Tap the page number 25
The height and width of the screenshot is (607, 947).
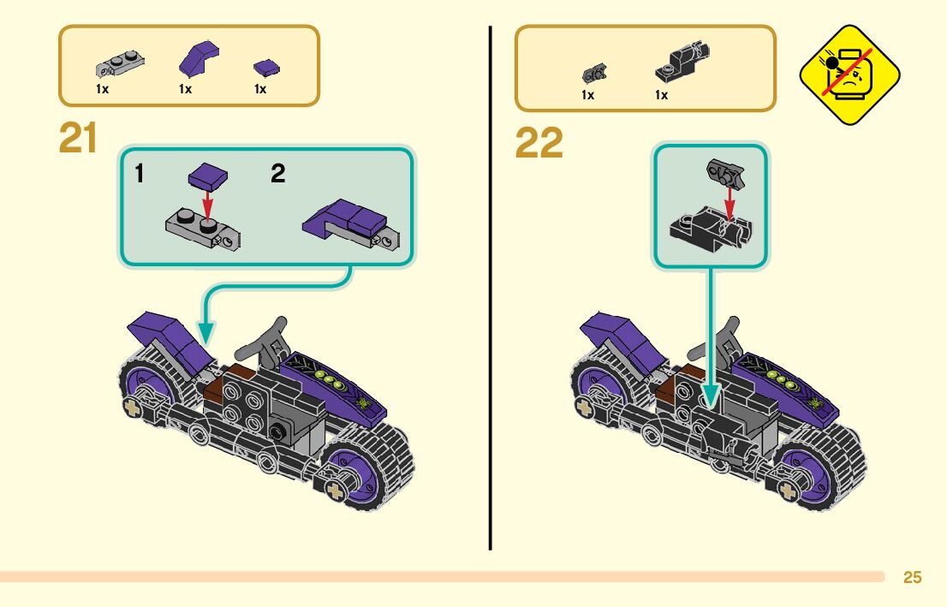point(913,578)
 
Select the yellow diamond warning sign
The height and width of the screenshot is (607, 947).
point(849,75)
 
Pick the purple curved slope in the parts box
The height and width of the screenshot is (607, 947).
point(198,58)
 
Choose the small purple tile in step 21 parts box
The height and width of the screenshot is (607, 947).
point(267,67)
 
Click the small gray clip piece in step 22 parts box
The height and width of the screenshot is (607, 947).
point(590,72)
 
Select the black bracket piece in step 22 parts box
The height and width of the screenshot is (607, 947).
point(681,62)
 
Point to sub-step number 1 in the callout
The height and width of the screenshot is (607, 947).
point(140,174)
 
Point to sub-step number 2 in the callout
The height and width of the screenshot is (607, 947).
point(277,174)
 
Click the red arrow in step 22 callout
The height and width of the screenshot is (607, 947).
point(729,203)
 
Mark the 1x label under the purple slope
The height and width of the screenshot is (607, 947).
point(185,89)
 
